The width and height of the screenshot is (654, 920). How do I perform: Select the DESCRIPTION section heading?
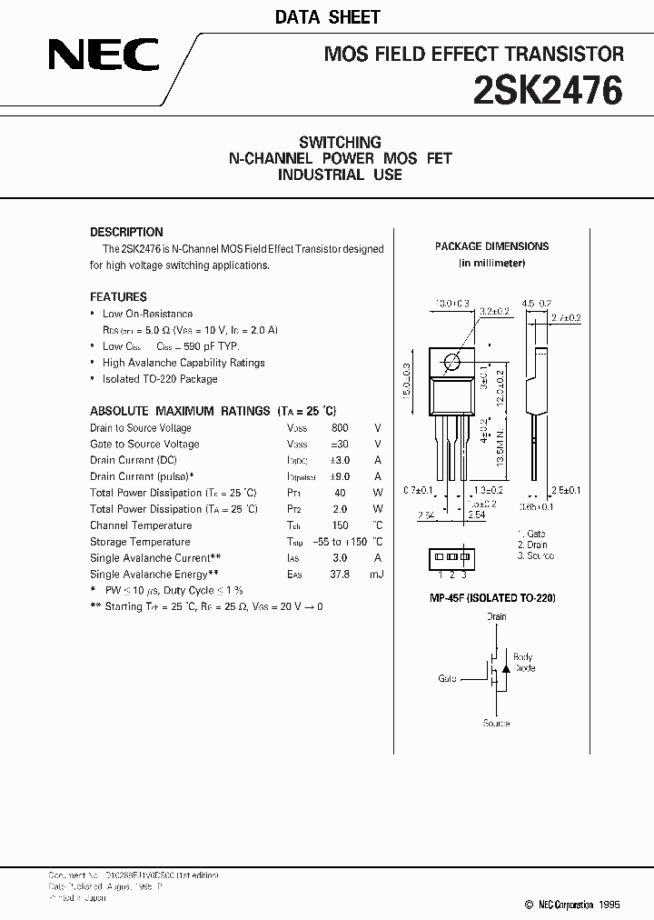click(126, 232)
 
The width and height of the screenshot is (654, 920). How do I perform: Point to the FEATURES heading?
click(118, 296)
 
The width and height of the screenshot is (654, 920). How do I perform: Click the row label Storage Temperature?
click(140, 542)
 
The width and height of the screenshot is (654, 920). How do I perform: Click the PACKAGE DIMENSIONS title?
click(491, 246)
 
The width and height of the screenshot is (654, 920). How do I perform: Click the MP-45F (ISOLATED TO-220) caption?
click(492, 598)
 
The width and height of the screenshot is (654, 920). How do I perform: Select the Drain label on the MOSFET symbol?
click(496, 617)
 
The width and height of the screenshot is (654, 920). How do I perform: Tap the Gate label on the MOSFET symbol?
click(447, 678)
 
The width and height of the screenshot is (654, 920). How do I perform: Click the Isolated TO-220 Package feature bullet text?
click(160, 379)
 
